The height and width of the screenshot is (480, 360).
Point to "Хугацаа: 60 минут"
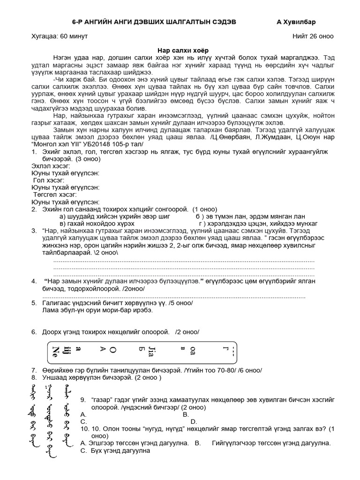pos(59,36)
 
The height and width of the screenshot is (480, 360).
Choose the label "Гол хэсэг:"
pos(49,180)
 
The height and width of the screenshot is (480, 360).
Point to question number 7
pos(34,370)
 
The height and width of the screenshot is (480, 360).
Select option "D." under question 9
pos(194,421)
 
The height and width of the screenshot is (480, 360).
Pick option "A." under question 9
pos(83,414)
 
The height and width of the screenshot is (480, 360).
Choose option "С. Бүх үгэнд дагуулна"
pos(115,450)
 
